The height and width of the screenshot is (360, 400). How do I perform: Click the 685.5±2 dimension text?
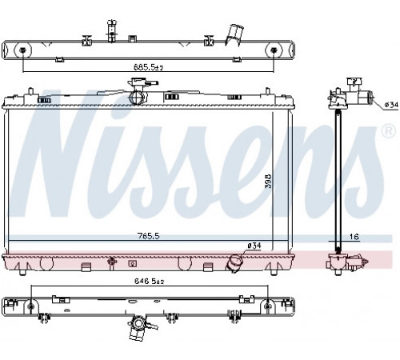pos(148,67)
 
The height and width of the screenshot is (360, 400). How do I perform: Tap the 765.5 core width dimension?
pos(148,236)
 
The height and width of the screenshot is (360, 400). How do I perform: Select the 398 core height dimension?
pos(268,182)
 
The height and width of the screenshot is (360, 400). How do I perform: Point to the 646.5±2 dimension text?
pos(149,281)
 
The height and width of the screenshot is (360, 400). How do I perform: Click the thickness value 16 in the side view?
pos(354,237)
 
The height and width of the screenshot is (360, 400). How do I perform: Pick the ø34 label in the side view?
pos(391,105)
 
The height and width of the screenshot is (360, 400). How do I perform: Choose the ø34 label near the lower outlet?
pos(254,246)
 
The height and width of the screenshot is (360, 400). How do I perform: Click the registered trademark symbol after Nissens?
pos(389,131)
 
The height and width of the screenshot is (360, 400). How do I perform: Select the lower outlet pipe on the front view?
pos(233,263)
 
